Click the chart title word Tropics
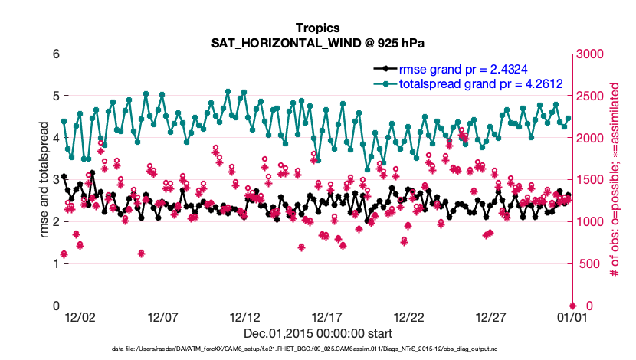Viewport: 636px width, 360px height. [317, 28]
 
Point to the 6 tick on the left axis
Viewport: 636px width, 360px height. [56, 54]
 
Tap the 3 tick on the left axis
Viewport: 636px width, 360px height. [56, 180]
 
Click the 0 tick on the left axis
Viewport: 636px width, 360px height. [56, 306]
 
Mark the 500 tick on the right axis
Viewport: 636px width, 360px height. [586, 264]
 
